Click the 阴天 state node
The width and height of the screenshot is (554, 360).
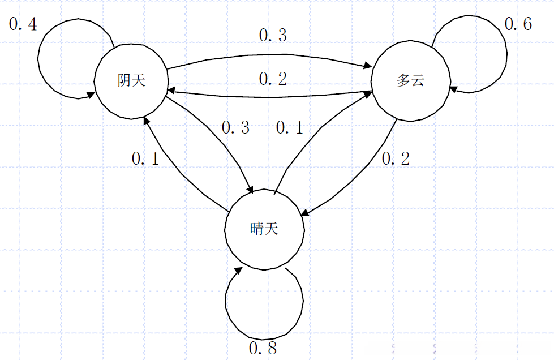click(x=131, y=81)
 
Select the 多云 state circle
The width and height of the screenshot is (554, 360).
click(x=410, y=81)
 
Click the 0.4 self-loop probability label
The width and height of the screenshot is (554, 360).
click(x=23, y=25)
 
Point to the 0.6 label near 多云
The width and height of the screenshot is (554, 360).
click(x=518, y=25)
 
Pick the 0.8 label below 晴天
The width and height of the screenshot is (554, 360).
click(x=263, y=348)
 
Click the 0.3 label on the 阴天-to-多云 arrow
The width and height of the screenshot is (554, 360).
click(x=273, y=36)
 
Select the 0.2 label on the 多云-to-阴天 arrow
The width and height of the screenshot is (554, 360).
click(x=273, y=79)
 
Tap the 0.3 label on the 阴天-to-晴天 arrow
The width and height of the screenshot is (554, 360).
click(x=235, y=128)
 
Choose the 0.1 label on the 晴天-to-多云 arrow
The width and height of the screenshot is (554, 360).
click(x=289, y=128)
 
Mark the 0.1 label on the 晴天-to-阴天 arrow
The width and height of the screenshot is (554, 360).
click(x=146, y=159)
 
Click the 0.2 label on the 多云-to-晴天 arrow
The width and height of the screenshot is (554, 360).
click(x=396, y=159)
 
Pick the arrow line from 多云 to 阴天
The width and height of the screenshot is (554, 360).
click(x=272, y=97)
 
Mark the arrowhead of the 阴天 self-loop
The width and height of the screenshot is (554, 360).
click(x=91, y=95)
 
